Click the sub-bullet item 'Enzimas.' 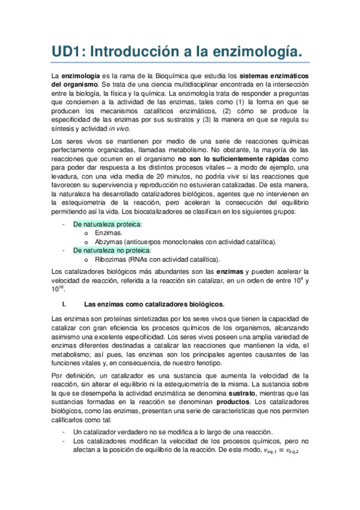coord(108,233)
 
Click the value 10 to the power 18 coord(58,289)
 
